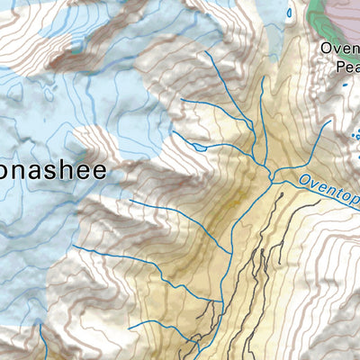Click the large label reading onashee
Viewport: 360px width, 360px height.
click(54, 170)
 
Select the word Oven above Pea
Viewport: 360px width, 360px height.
click(340, 49)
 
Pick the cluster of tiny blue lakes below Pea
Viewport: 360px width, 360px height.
click(354, 135)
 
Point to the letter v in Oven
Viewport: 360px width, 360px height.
click(336, 49)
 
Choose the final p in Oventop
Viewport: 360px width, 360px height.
click(355, 194)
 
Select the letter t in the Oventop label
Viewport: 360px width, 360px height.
click(337, 189)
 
